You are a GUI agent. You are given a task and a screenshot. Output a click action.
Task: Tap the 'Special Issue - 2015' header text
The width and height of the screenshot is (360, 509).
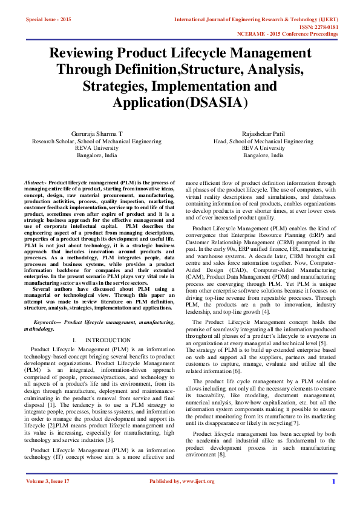click(48, 19)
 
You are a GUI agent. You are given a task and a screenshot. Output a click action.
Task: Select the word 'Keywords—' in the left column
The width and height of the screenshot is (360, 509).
click(48, 323)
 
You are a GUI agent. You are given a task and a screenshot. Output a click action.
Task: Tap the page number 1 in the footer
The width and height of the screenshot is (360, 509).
click(333, 498)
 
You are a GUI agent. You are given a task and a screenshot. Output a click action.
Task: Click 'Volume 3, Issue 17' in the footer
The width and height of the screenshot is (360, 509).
click(48, 498)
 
